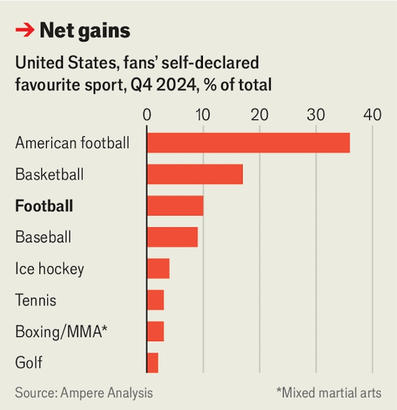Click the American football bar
(248, 143)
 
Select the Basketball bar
(195, 175)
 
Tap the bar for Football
(175, 206)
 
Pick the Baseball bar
(172, 237)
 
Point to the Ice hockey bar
(158, 269)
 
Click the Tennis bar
(155, 300)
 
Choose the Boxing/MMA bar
(155, 332)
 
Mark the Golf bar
(153, 362)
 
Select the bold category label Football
(44, 206)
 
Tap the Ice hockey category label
(49, 269)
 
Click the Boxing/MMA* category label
(61, 332)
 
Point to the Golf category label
(29, 362)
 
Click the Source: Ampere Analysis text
(84, 393)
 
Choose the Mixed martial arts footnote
(328, 393)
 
